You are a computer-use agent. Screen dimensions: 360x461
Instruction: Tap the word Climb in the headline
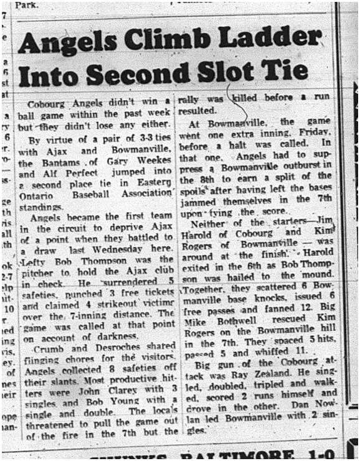(x=176, y=43)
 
